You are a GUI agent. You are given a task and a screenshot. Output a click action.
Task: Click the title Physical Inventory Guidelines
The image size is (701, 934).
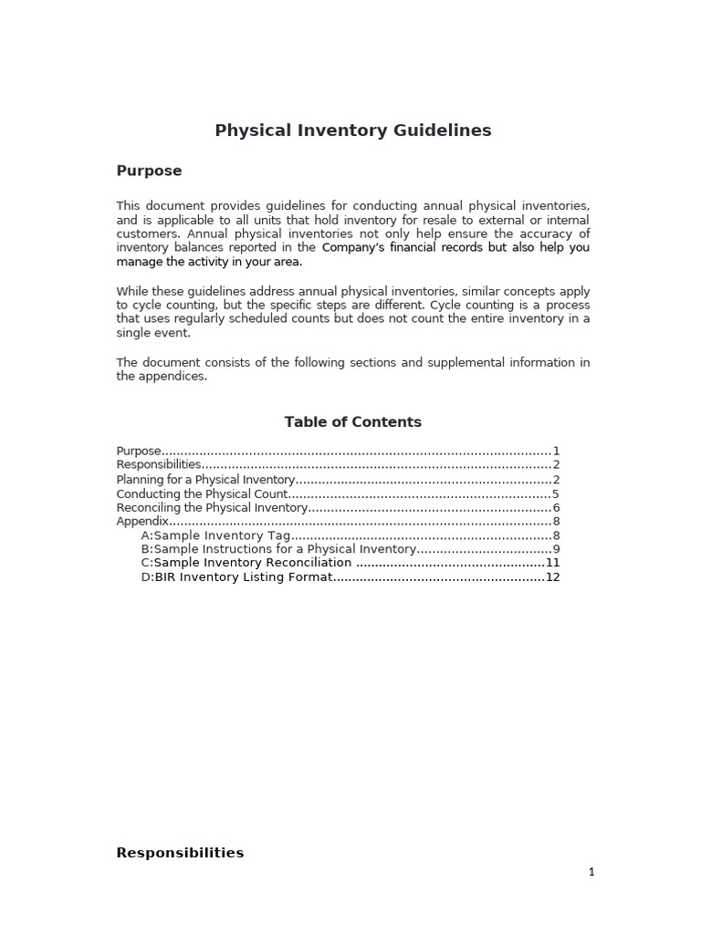pos(352,130)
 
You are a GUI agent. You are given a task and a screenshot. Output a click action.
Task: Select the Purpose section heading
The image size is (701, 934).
pos(149,171)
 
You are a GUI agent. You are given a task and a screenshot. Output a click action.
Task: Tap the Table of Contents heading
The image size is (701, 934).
pos(352,421)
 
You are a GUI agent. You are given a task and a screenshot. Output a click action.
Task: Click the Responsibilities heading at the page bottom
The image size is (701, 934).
pos(180,853)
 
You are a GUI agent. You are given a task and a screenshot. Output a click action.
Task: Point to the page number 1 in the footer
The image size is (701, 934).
pos(591,872)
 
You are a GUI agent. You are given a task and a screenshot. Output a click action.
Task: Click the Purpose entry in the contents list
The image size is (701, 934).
pos(139,451)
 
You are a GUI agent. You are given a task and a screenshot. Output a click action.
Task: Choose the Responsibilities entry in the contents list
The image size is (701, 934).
pos(159,464)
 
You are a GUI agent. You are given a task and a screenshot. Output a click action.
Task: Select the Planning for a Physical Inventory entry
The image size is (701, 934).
pos(205,479)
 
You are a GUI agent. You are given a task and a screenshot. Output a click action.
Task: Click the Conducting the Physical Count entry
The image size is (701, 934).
pos(202,493)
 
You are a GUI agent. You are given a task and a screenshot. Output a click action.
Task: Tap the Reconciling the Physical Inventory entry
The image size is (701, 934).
pos(212,507)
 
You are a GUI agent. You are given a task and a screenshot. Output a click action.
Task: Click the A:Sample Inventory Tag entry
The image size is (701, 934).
pos(215,535)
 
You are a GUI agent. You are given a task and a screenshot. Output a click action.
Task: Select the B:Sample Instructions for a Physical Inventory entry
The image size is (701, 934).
pos(278,549)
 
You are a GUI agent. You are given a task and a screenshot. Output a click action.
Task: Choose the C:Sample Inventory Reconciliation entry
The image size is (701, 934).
pos(246,563)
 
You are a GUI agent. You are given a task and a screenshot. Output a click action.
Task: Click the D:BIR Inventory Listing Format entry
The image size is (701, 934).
pos(235,577)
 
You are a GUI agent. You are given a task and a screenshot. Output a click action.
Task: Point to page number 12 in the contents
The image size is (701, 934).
pos(552,577)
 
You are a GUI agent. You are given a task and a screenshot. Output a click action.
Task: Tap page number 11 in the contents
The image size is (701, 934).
pos(552,563)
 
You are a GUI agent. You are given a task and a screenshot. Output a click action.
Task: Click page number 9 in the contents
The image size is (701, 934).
pos(556,549)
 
